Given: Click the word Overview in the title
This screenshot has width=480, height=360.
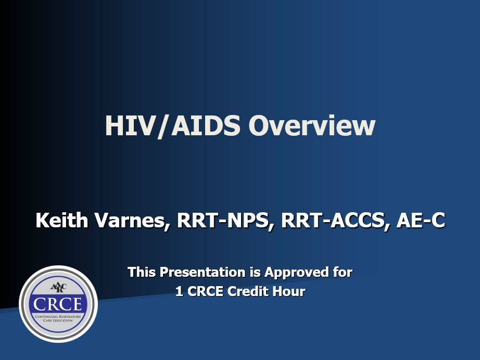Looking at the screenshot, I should [x=311, y=126].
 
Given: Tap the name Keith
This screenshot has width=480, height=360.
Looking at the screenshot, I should [x=61, y=221].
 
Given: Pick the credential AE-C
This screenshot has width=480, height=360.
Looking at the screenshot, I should [x=421, y=221].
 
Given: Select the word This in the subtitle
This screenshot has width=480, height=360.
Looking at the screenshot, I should [x=142, y=272].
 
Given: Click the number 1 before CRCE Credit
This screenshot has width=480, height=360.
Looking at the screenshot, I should [x=179, y=292].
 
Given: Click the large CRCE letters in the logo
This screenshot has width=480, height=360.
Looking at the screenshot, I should [x=58, y=303].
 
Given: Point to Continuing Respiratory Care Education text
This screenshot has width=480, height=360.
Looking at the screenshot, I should [x=58, y=318].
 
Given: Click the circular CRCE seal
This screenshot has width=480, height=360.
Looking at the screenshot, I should [x=58, y=304].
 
